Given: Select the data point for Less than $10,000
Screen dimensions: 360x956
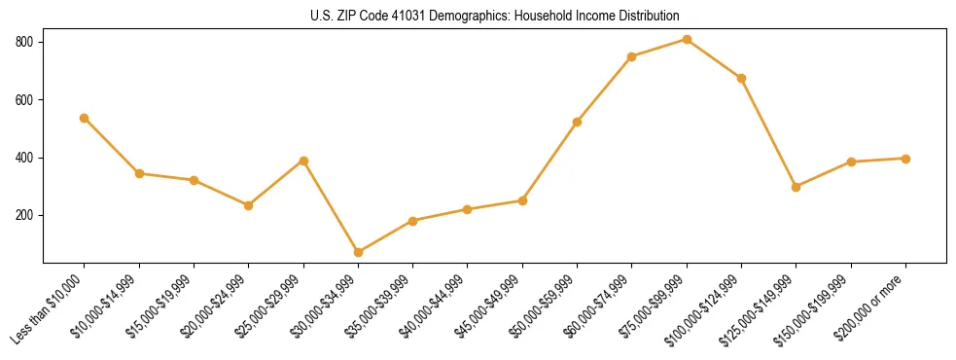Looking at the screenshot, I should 85,118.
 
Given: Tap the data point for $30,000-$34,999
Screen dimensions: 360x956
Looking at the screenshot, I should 358,252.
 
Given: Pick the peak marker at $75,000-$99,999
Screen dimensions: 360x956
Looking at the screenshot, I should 687,40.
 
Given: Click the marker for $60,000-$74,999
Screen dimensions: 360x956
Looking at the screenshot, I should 632,56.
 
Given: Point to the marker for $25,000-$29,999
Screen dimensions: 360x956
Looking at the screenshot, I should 303,161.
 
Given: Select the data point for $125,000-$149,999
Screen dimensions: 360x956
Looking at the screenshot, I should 797,187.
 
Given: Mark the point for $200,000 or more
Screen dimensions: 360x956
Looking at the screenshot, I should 905,159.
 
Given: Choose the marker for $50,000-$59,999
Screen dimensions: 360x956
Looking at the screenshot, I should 578,122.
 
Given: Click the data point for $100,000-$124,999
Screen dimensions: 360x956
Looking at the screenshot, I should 741,78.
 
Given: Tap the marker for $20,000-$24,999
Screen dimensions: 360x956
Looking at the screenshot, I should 249,205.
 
